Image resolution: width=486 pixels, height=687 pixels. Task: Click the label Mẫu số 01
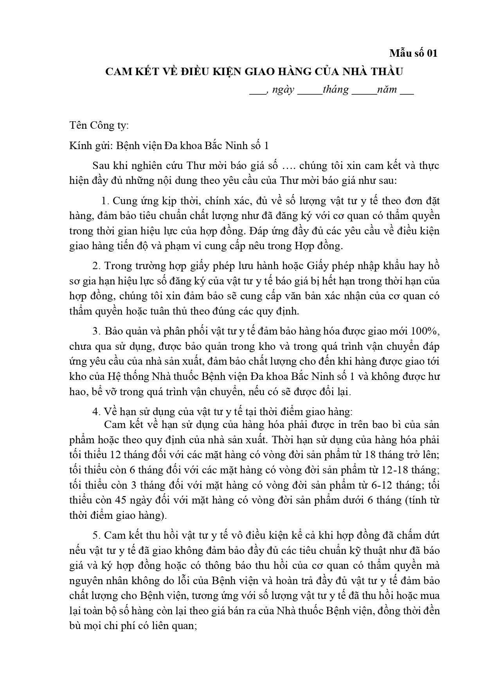(x=413, y=53)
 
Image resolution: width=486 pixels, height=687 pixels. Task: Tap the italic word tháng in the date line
(x=336, y=90)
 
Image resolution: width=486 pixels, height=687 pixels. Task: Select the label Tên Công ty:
(x=99, y=126)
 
